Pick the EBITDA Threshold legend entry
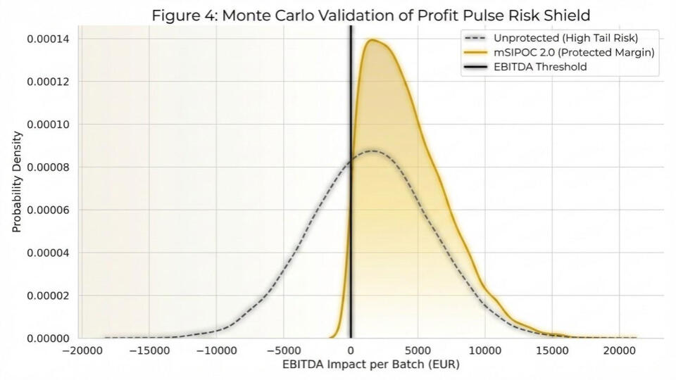click(535, 67)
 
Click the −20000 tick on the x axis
click(82, 350)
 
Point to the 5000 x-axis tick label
click(418, 350)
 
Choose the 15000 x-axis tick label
click(552, 350)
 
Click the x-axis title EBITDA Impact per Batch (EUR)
click(370, 365)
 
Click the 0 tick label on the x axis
click(351, 350)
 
